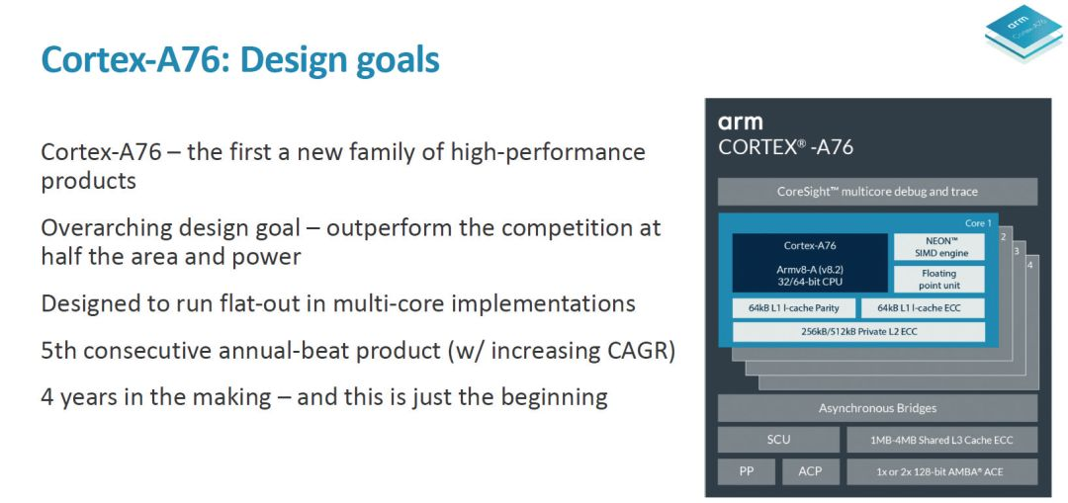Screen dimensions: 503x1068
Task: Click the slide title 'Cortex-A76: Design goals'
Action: [x=239, y=60]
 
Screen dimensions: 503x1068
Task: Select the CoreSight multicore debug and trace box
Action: [x=877, y=192]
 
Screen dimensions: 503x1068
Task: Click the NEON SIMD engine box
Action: [x=938, y=247]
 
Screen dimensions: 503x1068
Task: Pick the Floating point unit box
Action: [x=938, y=278]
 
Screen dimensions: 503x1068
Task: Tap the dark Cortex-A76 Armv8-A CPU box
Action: [x=809, y=263]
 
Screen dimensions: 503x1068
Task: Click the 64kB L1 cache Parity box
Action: [x=793, y=308]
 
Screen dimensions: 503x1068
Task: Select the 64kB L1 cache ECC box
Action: [x=923, y=308]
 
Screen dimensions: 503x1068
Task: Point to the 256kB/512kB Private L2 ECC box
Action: [x=858, y=331]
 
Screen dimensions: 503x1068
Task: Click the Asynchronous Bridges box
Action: [x=877, y=408]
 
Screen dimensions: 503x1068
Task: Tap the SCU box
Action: [x=778, y=440]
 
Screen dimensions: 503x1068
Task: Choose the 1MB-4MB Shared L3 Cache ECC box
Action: [x=941, y=440]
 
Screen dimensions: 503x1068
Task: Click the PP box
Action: [x=746, y=471]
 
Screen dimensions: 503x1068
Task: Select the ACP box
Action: [x=810, y=471]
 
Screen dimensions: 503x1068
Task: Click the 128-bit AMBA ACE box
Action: [x=941, y=471]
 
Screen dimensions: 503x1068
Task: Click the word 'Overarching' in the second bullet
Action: [x=108, y=227]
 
